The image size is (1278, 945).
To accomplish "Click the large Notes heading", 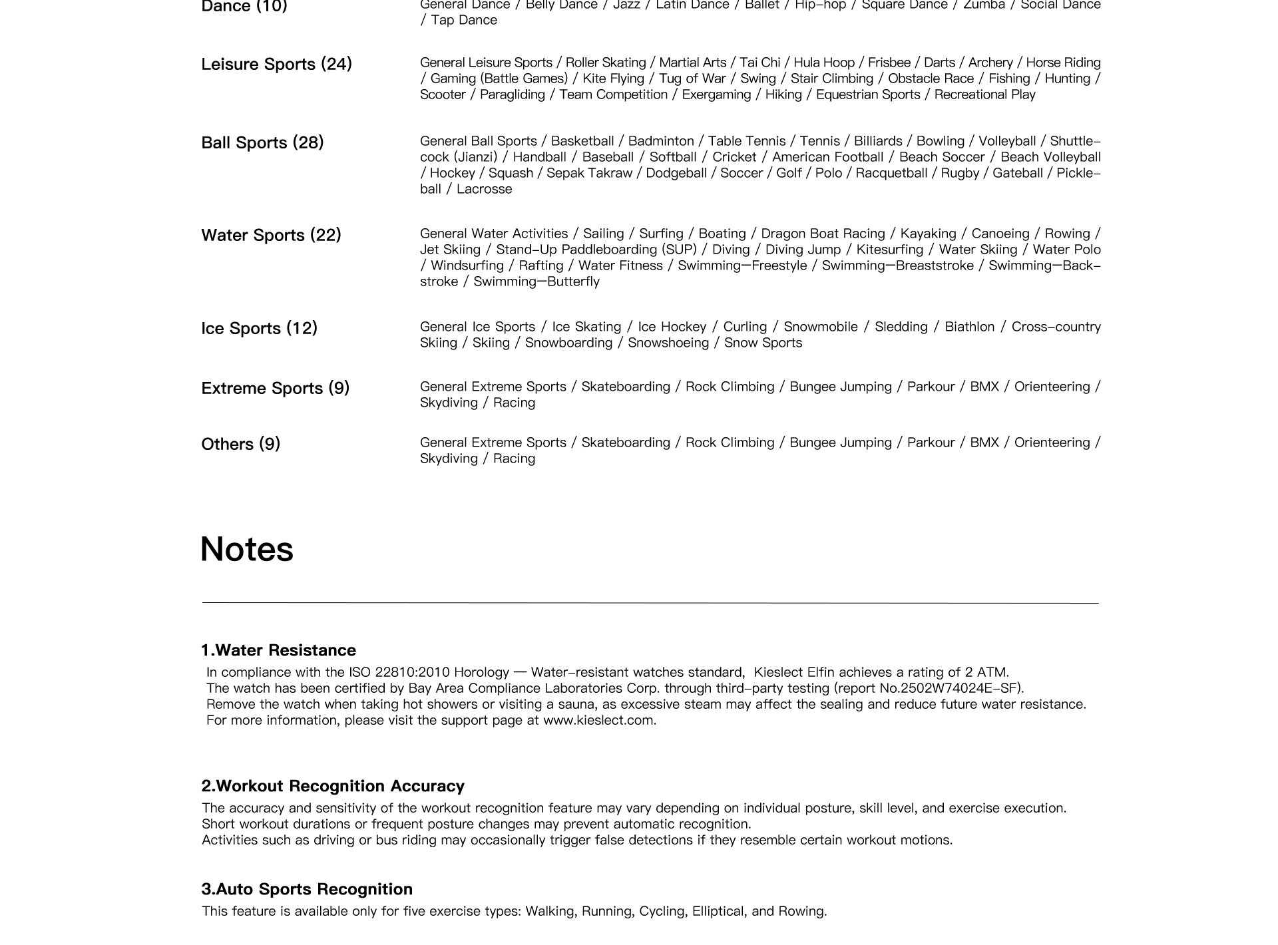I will [246, 550].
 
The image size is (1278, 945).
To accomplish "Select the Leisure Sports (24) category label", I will [276, 65].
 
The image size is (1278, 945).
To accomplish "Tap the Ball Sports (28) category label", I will [262, 143].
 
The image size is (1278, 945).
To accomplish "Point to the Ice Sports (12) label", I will [259, 329].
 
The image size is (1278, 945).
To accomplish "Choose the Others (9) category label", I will [240, 445].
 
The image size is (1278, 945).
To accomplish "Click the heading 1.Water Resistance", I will [278, 650].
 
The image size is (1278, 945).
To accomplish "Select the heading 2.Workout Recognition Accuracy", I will [333, 786].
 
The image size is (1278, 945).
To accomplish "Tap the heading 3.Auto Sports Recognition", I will [307, 889].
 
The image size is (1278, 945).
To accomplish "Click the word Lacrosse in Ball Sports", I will [484, 189].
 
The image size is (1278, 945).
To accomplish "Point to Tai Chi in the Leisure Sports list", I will [759, 63].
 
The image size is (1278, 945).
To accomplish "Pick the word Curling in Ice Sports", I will [745, 327].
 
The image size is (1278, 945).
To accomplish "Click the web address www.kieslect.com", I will [599, 720].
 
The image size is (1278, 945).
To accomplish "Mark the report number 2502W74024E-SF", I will [960, 688].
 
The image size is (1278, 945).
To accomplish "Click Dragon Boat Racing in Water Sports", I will [823, 234].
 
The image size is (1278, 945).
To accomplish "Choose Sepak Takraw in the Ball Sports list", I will [589, 173].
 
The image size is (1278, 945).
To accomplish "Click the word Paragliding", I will [512, 94].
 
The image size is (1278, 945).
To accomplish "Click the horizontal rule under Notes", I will [650, 603].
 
